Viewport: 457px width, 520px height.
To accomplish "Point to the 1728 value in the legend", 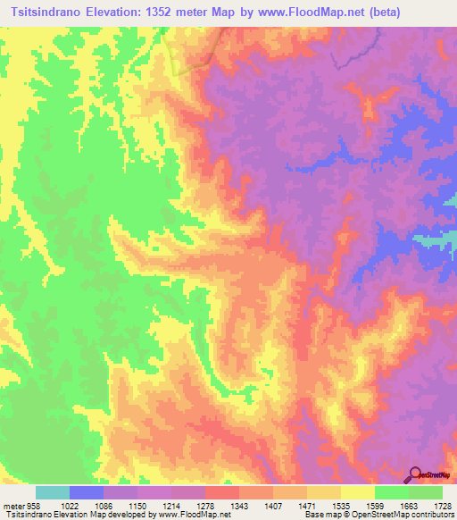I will click(x=443, y=505).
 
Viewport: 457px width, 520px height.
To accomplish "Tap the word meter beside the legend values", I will click(x=12, y=505).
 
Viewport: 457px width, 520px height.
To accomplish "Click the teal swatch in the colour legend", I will click(x=53, y=492).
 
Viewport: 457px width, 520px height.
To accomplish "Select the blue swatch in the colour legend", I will click(x=87, y=492).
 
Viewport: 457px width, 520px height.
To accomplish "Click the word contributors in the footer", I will click(x=430, y=516).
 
